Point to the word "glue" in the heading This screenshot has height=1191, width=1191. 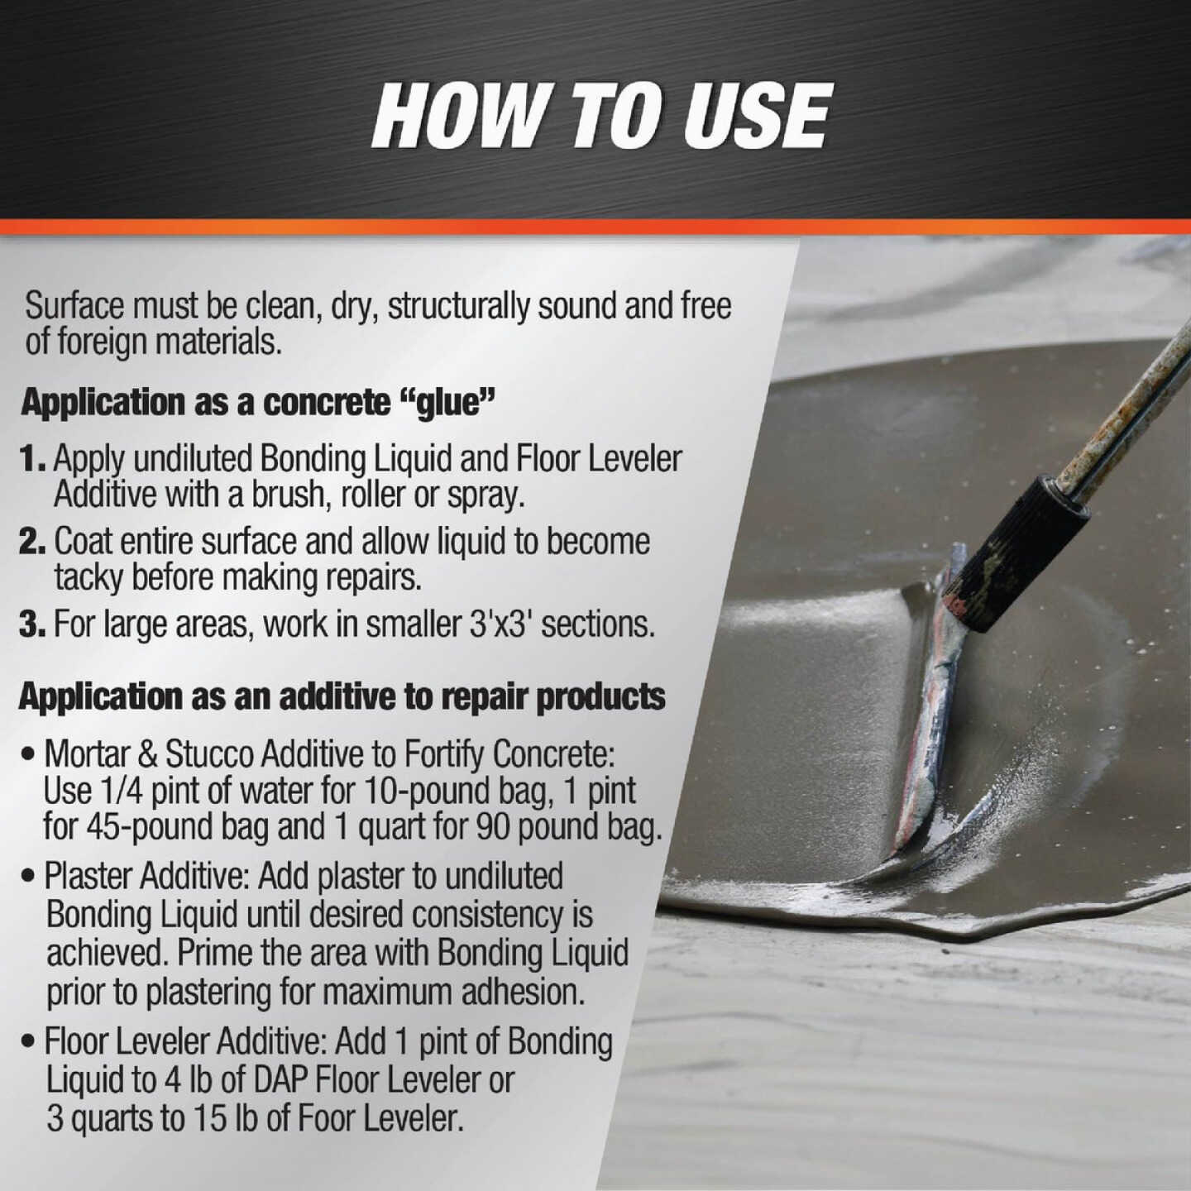[x=447, y=403]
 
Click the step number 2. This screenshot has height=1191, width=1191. [x=32, y=542]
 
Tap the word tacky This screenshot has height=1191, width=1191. [x=88, y=578]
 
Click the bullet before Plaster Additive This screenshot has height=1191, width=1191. [x=30, y=876]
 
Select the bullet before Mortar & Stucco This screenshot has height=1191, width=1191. [x=30, y=754]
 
